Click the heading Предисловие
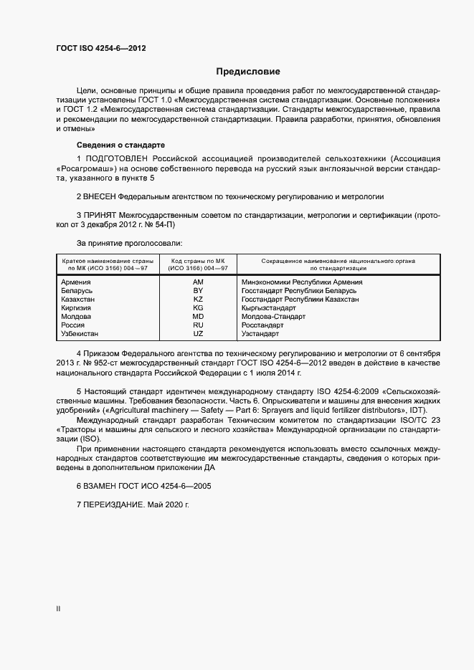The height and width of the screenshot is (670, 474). (x=248, y=72)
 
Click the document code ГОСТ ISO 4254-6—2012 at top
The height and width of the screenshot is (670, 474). (x=101, y=47)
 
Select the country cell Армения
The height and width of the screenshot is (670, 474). (x=76, y=282)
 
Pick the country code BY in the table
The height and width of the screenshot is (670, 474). (x=199, y=291)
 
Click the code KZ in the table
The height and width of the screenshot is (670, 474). (x=199, y=300)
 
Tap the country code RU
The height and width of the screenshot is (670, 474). (x=199, y=325)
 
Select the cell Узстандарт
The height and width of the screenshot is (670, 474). (x=260, y=334)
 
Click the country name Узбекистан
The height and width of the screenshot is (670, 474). (x=80, y=334)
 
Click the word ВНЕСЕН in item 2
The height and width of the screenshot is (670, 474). (x=103, y=196)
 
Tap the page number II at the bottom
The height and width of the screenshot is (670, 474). (x=58, y=609)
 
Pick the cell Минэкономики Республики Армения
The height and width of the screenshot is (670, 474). (x=302, y=282)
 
